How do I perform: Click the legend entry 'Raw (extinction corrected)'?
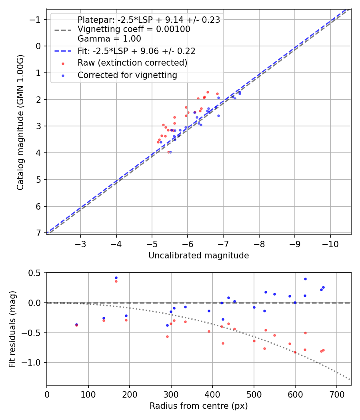point(132,63)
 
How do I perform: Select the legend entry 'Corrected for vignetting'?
point(127,75)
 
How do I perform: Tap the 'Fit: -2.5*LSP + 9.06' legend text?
point(136,51)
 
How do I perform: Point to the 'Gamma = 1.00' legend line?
point(109,39)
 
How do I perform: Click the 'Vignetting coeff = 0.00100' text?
point(134,29)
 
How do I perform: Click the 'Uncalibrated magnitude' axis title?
point(198,256)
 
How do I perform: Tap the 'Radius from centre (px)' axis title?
point(198,406)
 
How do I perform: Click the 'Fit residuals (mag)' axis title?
point(12,329)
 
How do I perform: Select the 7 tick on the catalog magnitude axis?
point(38,233)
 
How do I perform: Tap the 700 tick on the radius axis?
point(337,394)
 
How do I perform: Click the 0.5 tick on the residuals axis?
point(36,273)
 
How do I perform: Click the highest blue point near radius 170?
point(116,278)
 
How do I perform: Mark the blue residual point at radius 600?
point(295,302)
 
